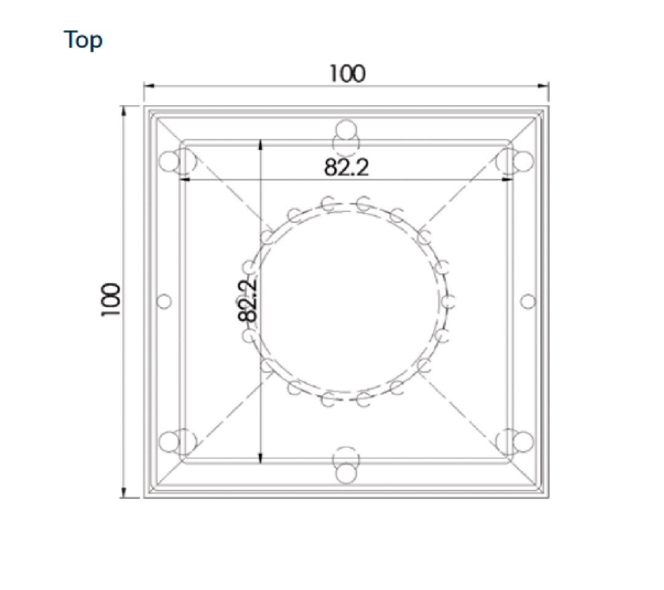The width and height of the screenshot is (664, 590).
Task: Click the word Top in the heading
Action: click(x=83, y=41)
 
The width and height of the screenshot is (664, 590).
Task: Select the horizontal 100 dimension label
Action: click(x=347, y=74)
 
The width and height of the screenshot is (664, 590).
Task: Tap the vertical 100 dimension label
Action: click(x=111, y=300)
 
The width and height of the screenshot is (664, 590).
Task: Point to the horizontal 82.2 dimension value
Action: click(x=346, y=167)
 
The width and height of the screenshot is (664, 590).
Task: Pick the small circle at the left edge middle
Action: click(x=164, y=302)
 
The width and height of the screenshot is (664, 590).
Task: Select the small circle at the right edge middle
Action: click(x=528, y=302)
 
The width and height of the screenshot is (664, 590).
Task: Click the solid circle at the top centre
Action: click(x=346, y=129)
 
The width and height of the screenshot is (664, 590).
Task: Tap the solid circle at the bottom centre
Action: click(x=346, y=473)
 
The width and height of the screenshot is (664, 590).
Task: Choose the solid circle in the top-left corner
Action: click(x=170, y=161)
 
